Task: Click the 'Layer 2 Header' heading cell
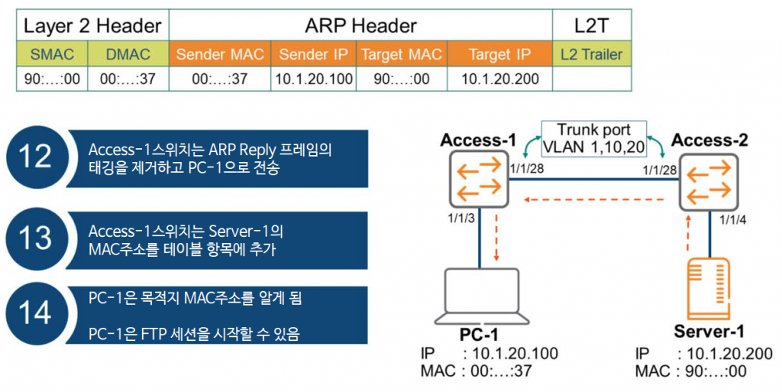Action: tap(92, 26)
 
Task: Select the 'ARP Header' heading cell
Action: tap(360, 26)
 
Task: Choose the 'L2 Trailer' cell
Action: tap(591, 54)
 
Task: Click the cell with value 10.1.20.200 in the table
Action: tap(500, 79)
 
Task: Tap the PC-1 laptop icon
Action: tap(480, 297)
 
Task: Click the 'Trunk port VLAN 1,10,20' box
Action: tap(593, 138)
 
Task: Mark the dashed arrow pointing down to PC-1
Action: tap(496, 238)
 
